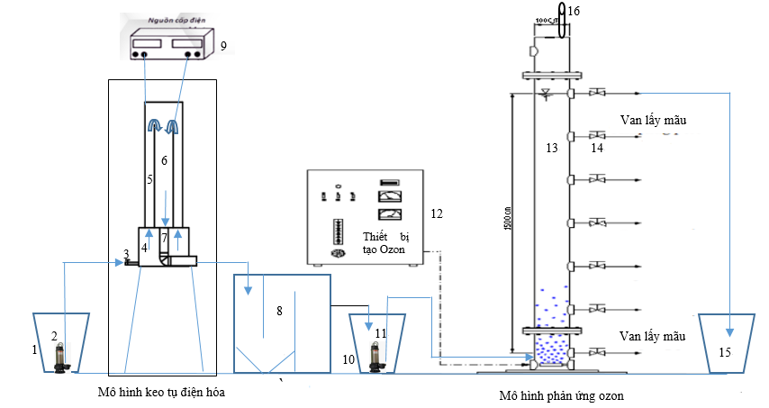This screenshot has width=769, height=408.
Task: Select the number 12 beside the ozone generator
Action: point(437,213)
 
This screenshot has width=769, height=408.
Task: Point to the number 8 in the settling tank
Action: point(280,311)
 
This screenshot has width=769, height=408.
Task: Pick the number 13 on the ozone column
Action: point(551,147)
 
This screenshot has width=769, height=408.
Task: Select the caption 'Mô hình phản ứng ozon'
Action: point(562,396)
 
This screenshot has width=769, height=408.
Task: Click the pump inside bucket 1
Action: point(61,357)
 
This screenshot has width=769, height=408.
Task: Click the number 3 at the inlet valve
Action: point(127,253)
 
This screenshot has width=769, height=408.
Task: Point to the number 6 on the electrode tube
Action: point(165,159)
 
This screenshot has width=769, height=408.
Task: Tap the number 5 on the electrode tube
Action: point(149,179)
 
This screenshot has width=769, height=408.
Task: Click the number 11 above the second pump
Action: point(380,332)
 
